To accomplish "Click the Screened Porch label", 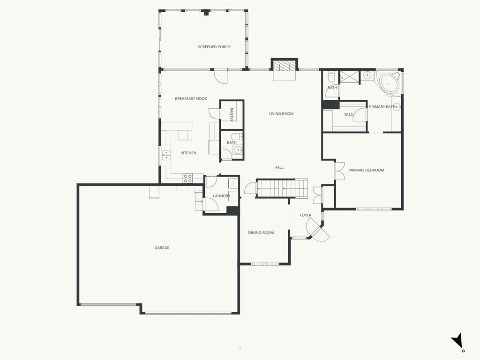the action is pyautogui.click(x=214, y=47).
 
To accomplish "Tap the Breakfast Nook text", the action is pyautogui.click(x=191, y=98).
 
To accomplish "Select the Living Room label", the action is pyautogui.click(x=281, y=113).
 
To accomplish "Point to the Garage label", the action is pyautogui.click(x=162, y=247).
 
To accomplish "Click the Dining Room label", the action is pyautogui.click(x=261, y=232).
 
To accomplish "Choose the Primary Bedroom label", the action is pyautogui.click(x=366, y=170).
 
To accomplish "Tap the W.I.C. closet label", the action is pyautogui.click(x=349, y=114).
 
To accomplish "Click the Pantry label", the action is pyautogui.click(x=232, y=114).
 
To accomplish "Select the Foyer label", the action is pyautogui.click(x=306, y=215).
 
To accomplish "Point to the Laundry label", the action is pyautogui.click(x=222, y=196).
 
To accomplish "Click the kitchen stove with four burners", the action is pyautogui.click(x=187, y=179).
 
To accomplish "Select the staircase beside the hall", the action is pyautogui.click(x=282, y=188).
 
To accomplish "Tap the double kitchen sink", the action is pyautogui.click(x=166, y=156).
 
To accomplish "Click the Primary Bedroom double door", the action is pyautogui.click(x=340, y=171).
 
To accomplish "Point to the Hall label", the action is pyautogui.click(x=279, y=167).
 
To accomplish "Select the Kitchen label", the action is pyautogui.click(x=188, y=153).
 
